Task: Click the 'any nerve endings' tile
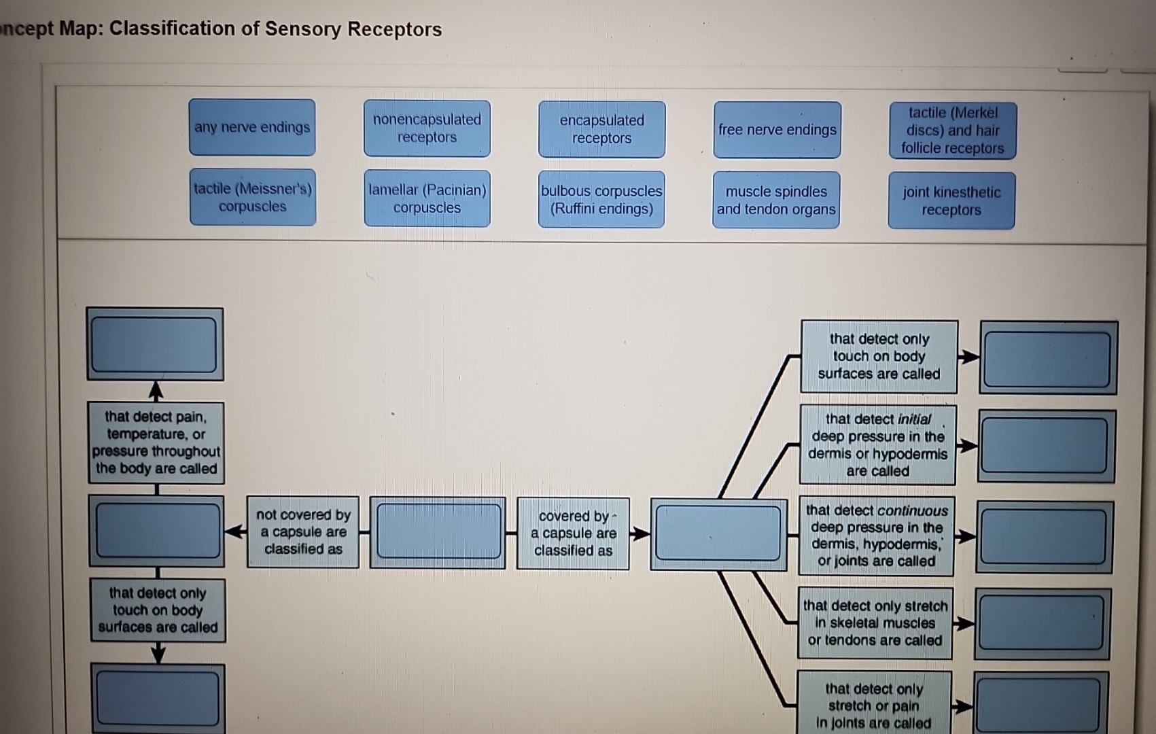[x=252, y=128]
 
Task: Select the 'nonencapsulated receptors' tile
[x=427, y=128]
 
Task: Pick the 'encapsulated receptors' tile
[x=601, y=129]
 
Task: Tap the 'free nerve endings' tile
[x=777, y=130]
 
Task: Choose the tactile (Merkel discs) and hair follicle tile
[x=952, y=130]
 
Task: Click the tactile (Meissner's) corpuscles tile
[x=253, y=198]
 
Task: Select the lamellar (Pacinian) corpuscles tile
[x=427, y=199]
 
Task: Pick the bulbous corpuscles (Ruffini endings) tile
[x=601, y=200]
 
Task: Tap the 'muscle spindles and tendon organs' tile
[x=776, y=200]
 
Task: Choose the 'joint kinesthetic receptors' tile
[x=951, y=201]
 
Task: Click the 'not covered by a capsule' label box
[x=303, y=532]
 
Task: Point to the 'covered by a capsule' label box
[x=573, y=534]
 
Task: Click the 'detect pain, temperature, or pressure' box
[x=156, y=442]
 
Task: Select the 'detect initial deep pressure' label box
[x=877, y=445]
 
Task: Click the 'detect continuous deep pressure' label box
[x=876, y=536]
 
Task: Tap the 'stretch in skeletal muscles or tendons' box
[x=875, y=623]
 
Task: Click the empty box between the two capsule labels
[x=438, y=532]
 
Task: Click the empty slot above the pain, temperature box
[x=155, y=344]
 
